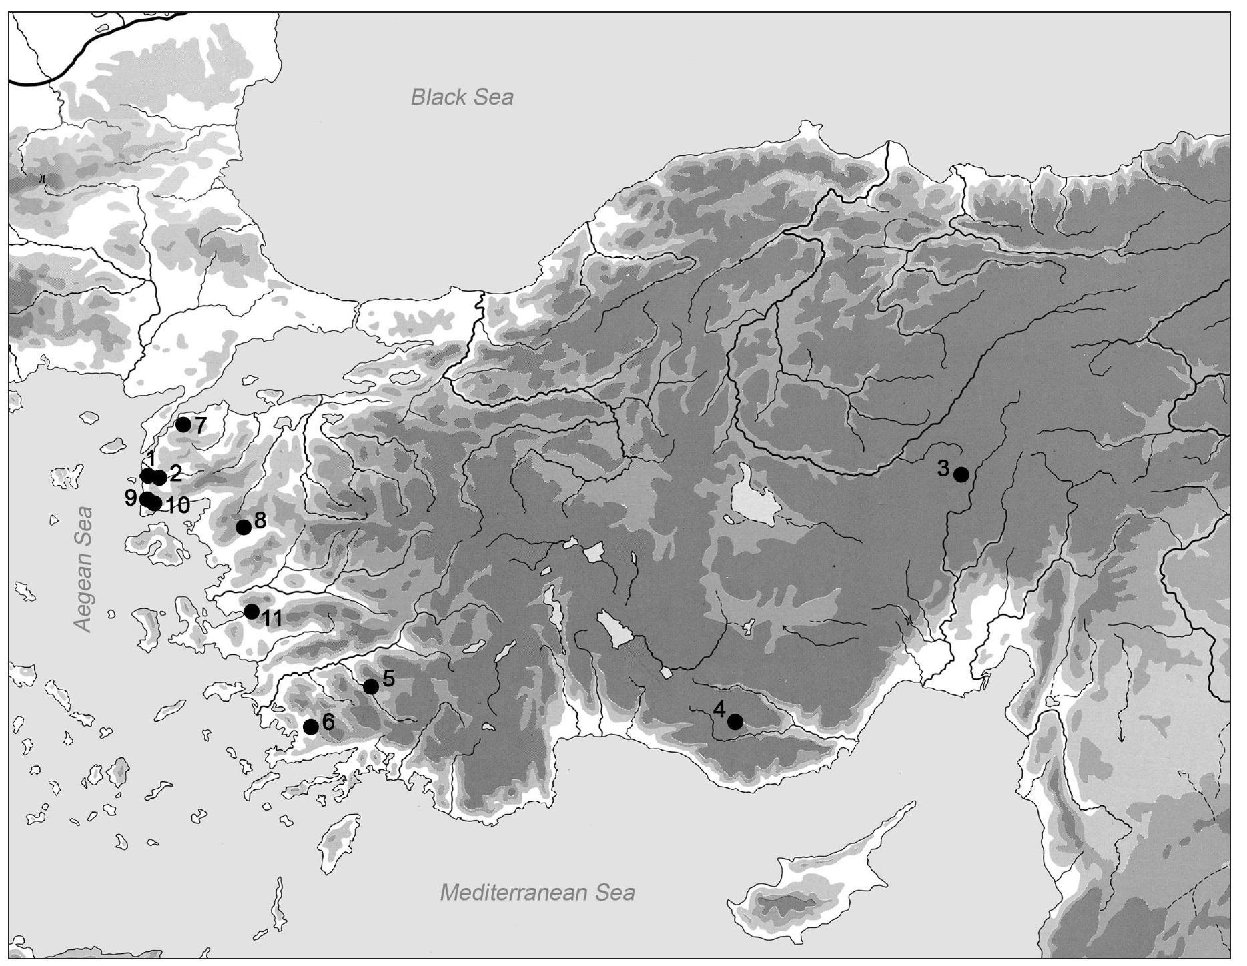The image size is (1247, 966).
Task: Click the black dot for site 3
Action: click(x=961, y=474)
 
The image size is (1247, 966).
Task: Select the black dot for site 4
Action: click(x=735, y=722)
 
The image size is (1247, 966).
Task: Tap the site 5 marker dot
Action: click(x=371, y=686)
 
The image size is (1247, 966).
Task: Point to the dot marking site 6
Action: click(x=311, y=727)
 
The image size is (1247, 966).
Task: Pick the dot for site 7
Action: click(x=183, y=424)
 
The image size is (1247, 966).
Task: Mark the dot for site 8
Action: click(x=244, y=527)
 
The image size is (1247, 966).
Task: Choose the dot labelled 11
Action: click(x=252, y=611)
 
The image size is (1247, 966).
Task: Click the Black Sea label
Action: click(x=462, y=97)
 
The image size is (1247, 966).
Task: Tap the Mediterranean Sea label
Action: click(x=537, y=892)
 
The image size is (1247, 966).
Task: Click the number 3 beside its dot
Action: click(x=943, y=468)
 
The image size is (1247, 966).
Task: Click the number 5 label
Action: click(x=388, y=679)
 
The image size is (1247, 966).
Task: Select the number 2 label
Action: click(x=175, y=473)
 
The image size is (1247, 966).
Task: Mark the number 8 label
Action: click(x=260, y=520)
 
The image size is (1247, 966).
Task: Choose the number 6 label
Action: click(x=327, y=722)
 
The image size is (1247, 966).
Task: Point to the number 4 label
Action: click(x=719, y=710)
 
